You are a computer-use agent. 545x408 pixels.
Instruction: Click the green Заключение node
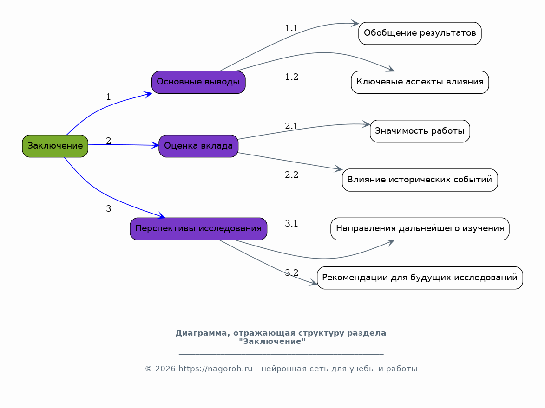point(55,146)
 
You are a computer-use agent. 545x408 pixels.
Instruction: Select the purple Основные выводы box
point(198,82)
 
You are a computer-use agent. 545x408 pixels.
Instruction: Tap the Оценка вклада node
point(198,146)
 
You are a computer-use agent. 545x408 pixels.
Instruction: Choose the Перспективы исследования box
point(198,229)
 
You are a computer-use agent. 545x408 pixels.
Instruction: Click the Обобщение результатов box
point(420,33)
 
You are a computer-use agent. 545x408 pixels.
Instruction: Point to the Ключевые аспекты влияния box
point(420,82)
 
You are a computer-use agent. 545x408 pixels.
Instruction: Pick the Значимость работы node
point(420,131)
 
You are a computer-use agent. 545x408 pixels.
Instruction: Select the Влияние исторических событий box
point(420,180)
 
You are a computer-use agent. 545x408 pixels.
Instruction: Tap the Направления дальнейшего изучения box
point(420,229)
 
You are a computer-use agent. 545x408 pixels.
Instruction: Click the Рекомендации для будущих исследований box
point(420,278)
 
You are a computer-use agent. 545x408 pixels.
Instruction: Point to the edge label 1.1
point(292,28)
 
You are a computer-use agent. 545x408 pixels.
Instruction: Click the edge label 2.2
point(292,175)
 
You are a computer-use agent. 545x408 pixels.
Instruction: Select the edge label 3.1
point(292,224)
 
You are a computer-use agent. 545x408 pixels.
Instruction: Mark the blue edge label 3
point(108,209)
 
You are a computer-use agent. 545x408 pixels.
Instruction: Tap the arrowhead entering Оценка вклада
point(155,145)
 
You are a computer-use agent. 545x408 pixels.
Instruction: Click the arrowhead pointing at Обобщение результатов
point(355,23)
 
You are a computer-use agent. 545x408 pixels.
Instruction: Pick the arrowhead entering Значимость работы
point(366,124)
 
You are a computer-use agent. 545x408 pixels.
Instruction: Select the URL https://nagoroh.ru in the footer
point(216,369)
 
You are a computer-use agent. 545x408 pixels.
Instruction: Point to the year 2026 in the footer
point(165,369)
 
